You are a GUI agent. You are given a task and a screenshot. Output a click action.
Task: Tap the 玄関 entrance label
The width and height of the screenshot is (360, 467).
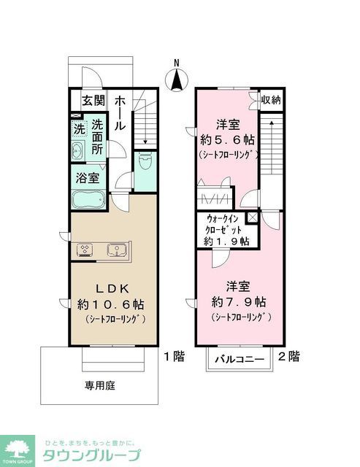coord(93,101)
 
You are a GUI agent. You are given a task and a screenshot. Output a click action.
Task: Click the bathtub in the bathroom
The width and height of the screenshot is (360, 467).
coord(88,199)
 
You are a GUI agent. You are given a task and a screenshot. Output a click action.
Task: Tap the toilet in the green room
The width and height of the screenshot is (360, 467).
coord(145,161)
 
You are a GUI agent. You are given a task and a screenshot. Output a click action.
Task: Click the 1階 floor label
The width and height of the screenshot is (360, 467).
coord(174,357)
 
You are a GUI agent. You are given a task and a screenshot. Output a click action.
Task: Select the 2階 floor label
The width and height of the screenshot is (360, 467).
coord(289,357)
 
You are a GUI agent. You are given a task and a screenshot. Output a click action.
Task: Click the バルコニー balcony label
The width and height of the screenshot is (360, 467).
coord(240,360)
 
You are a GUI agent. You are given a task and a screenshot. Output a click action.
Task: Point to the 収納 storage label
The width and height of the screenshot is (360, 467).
coord(272,100)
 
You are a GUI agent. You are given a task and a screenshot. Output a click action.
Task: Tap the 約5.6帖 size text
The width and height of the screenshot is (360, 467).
coord(228,139)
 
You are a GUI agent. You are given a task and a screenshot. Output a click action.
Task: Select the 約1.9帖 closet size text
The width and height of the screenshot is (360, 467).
coord(227,240)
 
